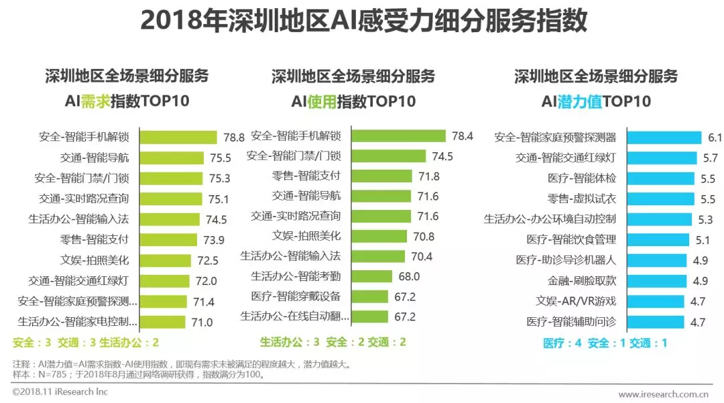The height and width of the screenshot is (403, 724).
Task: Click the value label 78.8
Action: [234, 137]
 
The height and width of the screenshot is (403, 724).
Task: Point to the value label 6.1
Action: [715, 137]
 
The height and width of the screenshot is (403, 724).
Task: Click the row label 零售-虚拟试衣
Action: [582, 199]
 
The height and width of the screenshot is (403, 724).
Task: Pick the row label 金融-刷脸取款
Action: [582, 281]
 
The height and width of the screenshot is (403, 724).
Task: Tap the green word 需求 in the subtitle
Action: [95, 102]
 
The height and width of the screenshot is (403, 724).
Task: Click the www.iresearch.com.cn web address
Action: [664, 394]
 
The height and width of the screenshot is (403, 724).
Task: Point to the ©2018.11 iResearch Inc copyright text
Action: [60, 392]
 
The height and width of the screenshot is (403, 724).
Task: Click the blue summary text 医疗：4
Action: [562, 343]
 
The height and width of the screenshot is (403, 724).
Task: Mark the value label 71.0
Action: [202, 323]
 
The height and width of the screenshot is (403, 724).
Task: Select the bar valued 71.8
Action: [382, 176]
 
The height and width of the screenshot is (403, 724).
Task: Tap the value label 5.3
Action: [705, 219]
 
